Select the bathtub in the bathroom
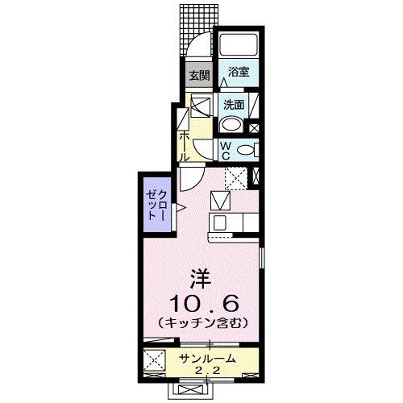[239, 45]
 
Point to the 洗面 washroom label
[234, 104]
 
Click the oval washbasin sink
[229, 124]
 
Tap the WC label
[227, 148]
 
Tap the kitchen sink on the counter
[220, 221]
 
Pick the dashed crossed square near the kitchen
[235, 177]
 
